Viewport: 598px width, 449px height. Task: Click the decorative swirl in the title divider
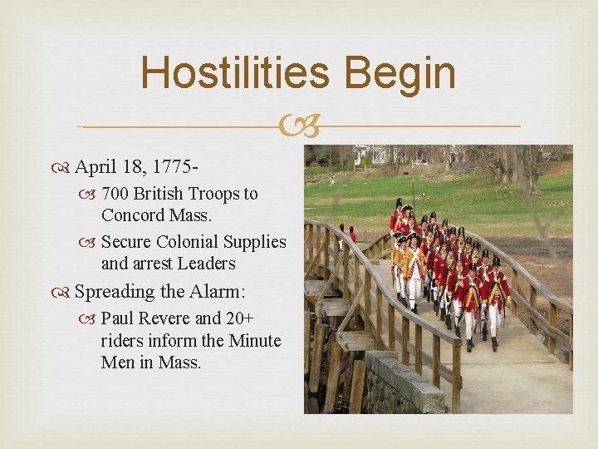[299, 127]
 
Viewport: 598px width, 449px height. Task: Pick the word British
[158, 194]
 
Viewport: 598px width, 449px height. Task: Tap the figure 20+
[241, 318]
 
